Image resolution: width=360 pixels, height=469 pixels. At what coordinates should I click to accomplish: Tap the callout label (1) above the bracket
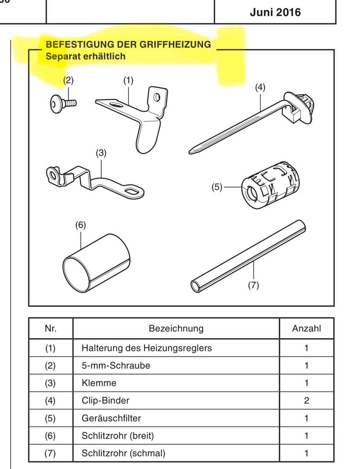click(x=128, y=81)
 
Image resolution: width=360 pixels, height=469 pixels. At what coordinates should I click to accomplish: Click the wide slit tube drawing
click(x=96, y=260)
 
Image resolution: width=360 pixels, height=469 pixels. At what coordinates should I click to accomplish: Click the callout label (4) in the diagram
click(x=260, y=88)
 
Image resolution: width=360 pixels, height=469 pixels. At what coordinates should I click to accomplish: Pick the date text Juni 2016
click(x=275, y=13)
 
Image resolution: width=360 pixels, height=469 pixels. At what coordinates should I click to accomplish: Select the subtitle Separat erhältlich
click(x=86, y=56)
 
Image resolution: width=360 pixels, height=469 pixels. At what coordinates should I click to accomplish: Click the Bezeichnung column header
click(x=176, y=328)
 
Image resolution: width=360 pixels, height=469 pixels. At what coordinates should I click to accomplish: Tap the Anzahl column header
click(x=306, y=328)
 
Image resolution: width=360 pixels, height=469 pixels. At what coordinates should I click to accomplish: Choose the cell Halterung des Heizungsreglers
click(x=147, y=348)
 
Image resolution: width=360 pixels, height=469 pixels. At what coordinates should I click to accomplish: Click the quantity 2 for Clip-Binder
click(x=306, y=401)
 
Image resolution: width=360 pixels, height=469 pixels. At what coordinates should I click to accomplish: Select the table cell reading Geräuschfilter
click(x=111, y=418)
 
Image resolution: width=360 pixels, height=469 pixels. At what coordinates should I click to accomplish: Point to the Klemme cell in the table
click(x=99, y=383)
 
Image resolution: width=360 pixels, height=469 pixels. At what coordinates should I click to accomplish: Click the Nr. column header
click(x=50, y=328)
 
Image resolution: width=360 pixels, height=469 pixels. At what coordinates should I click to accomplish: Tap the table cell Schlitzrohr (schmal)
click(x=123, y=453)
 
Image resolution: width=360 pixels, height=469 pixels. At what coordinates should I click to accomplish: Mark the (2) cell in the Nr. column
click(x=50, y=365)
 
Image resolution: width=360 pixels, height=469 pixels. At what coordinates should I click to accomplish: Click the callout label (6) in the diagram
click(x=80, y=225)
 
